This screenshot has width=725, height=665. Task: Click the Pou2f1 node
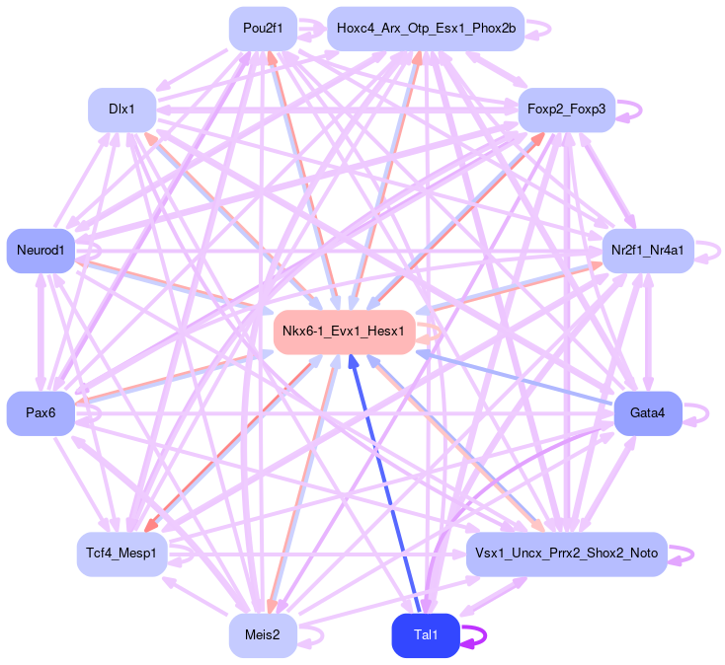[x=263, y=29]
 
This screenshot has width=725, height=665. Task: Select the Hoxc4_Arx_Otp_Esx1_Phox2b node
[x=426, y=29]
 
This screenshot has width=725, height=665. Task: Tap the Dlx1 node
[x=122, y=110]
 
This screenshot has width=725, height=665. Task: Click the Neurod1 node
[x=40, y=251]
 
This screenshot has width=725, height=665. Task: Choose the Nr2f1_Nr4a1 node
[x=647, y=251]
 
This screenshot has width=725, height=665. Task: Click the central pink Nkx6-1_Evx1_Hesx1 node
[x=343, y=332]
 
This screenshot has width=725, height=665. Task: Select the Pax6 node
[x=40, y=413]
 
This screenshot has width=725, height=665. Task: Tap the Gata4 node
[x=647, y=413]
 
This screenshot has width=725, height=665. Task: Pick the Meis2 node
[x=263, y=635]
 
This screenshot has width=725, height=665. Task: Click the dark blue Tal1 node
[x=426, y=635]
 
